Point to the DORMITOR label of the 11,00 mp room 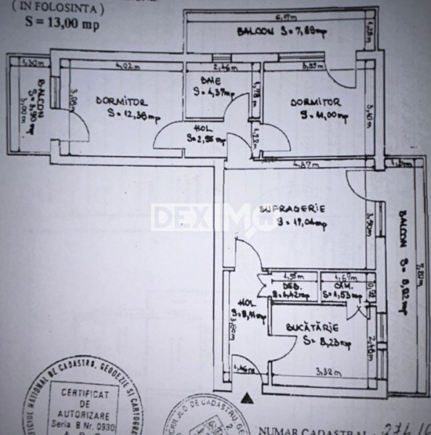point(315,102)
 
